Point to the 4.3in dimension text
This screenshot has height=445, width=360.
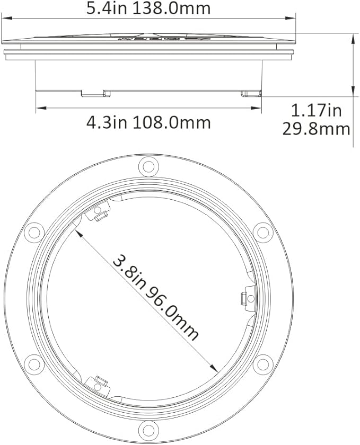[x=106, y=122]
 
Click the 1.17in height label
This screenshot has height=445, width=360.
[x=316, y=111]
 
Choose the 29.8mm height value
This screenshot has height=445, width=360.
[x=316, y=129]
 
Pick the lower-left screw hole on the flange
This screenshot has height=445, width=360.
[x=34, y=363]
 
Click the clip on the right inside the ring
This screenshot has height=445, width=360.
[x=244, y=298]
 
